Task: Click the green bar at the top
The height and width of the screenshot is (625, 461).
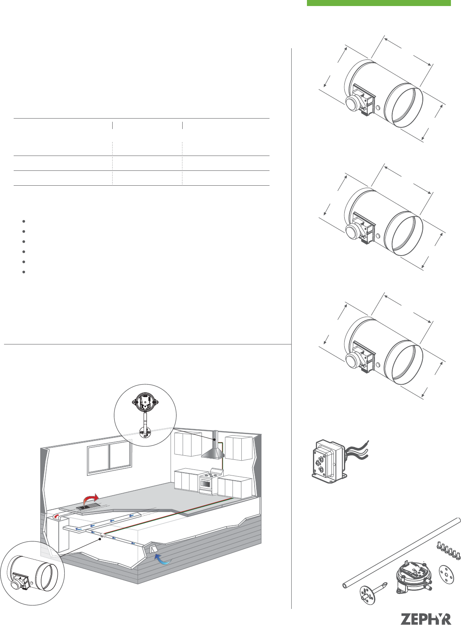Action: (379, 3)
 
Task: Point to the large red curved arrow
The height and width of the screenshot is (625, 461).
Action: (91, 499)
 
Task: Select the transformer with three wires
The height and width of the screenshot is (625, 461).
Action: (339, 461)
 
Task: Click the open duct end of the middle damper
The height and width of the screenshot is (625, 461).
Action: (403, 233)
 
